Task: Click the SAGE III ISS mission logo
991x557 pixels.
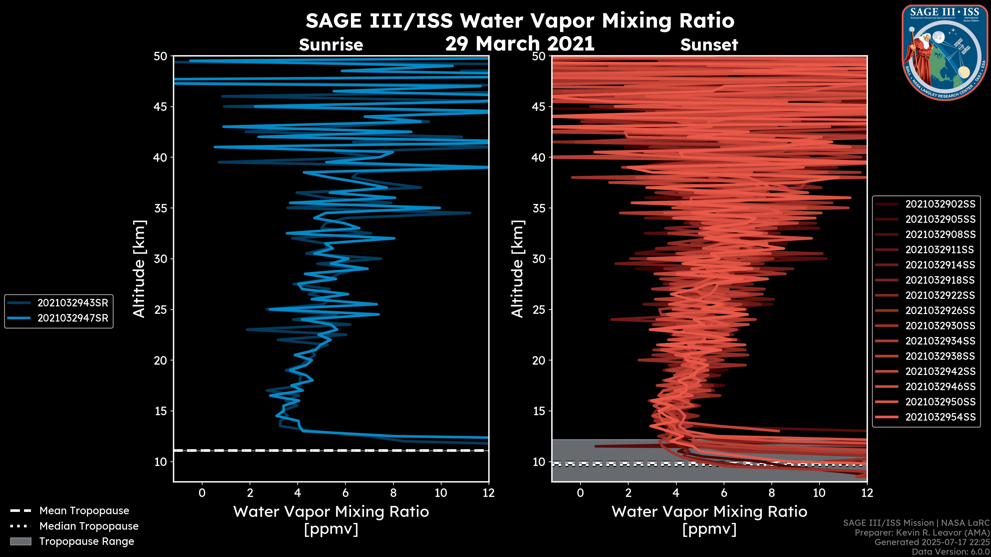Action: point(945,53)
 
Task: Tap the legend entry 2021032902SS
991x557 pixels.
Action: point(940,204)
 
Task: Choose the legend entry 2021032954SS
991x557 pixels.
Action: point(940,417)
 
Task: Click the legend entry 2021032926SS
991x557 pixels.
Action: point(940,310)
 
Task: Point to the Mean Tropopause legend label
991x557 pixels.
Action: point(84,511)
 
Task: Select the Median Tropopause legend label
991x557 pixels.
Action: point(89,526)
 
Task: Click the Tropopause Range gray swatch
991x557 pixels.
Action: point(20,542)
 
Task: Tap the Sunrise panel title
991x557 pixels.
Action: point(331,45)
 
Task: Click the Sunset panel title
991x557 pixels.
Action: point(709,45)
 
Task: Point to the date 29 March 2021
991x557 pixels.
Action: point(520,43)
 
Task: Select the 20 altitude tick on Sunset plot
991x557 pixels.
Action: point(539,361)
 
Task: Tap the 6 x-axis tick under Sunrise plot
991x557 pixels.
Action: point(345,493)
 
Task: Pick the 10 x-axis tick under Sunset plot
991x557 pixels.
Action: point(819,493)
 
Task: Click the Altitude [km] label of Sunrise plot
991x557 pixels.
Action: point(139,269)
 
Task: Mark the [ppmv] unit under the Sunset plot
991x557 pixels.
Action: point(709,529)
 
